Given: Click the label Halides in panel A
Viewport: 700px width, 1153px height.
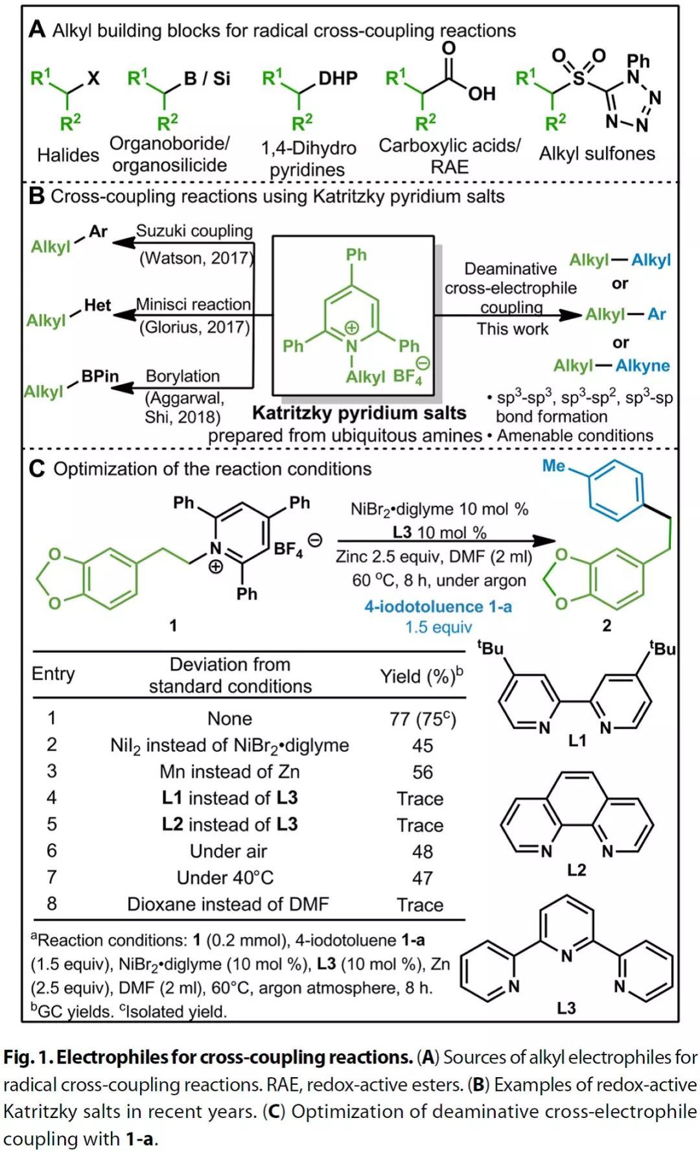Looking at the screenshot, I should coord(68,155).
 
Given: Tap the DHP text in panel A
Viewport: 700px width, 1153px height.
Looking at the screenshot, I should coord(338,78).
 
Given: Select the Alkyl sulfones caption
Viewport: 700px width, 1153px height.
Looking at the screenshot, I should coord(597,154).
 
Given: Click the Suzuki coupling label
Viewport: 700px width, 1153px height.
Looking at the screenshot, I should coord(194,231).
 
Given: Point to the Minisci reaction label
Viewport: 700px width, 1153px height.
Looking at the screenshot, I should coord(193,304).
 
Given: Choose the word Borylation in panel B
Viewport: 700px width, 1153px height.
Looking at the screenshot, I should coord(183,376).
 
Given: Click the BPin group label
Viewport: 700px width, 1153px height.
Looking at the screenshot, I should coord(100,377).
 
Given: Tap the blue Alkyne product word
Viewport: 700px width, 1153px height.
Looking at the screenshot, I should coord(643,366).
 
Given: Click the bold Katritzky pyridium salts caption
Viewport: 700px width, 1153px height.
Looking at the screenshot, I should coord(359,413).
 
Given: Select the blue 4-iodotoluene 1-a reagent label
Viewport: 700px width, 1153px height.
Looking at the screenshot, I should coord(438,607).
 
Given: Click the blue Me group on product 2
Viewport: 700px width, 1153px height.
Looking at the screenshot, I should coord(554,466).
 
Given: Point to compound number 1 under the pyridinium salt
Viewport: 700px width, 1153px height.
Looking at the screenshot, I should coord(172,625).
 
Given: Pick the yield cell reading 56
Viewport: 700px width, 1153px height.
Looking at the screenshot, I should coord(423,772).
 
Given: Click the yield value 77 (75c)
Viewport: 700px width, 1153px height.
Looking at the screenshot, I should coord(423,719).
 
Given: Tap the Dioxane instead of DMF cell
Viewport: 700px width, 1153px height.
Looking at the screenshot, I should coord(228,904).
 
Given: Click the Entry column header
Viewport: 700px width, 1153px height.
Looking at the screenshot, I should coord(53,674).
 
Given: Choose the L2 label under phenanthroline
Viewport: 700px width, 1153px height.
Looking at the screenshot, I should coord(576,869).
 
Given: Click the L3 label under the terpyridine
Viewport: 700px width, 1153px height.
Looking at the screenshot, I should coord(566,1007).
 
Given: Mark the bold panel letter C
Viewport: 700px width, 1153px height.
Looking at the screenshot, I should coord(37,469).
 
